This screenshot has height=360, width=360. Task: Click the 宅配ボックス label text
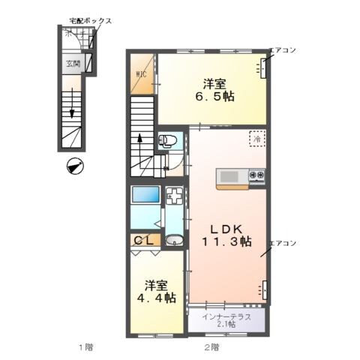[x=91, y=21]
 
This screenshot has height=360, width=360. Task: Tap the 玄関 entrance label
[x=71, y=64]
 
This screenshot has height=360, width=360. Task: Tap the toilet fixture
[x=168, y=139]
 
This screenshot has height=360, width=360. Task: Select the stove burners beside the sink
[x=257, y=176]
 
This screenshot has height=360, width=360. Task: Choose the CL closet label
[x=143, y=240]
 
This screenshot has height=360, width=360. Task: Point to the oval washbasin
[x=174, y=241]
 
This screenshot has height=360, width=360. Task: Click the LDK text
[x=225, y=228]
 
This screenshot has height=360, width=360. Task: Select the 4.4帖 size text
[x=160, y=297]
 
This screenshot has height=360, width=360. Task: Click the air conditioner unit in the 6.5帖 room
[x=264, y=69]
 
